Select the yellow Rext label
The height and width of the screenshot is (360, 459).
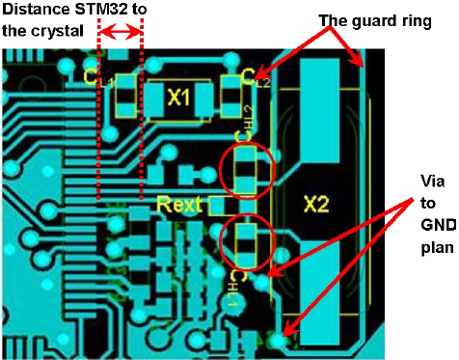tap(179, 204)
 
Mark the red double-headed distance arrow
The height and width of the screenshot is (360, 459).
tap(121, 33)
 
